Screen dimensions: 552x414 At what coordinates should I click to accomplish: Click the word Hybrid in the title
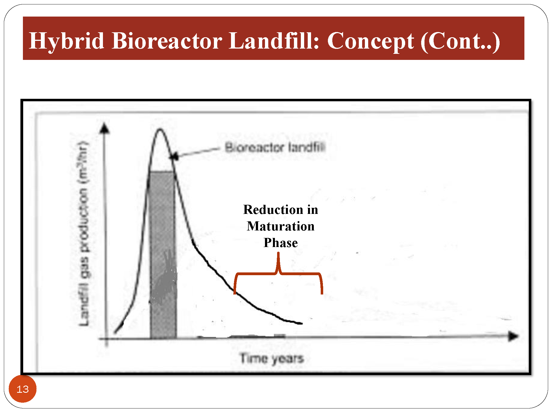click(x=67, y=41)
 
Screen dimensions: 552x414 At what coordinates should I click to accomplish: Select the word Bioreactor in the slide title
click(x=167, y=40)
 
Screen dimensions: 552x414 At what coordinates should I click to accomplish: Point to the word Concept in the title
click(x=370, y=41)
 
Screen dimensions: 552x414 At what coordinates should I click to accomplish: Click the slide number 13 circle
click(x=23, y=389)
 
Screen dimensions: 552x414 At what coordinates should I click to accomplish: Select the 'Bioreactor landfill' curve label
click(x=275, y=147)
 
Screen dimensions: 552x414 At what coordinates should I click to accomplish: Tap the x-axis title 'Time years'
click(x=272, y=359)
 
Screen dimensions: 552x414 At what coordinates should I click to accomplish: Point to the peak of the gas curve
click(x=160, y=129)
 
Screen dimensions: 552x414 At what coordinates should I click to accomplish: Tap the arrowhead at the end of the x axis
click(x=514, y=336)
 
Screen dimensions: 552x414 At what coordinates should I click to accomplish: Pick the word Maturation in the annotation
click(x=281, y=226)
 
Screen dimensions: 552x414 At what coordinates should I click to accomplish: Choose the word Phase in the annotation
click(x=281, y=243)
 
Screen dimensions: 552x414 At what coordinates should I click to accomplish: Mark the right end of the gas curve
click(x=302, y=323)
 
